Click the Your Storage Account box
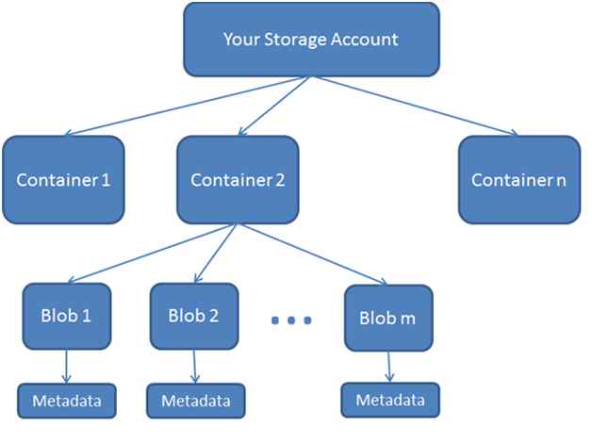click(310, 40)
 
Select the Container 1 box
click(62, 178)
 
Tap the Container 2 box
click(238, 178)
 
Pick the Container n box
click(518, 178)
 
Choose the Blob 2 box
click(194, 315)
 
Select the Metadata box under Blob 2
click(195, 399)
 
